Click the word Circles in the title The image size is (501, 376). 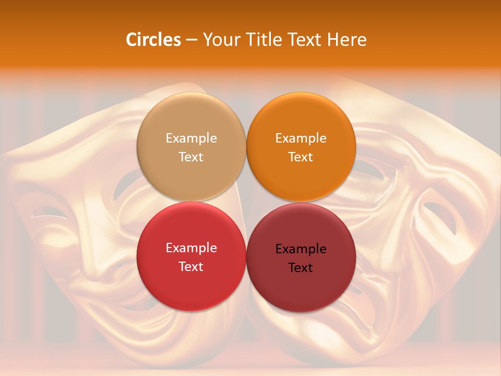[x=153, y=40]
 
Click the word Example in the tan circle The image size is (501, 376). [x=191, y=138]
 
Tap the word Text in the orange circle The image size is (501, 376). [x=301, y=157]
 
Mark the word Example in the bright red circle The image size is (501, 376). [x=191, y=248]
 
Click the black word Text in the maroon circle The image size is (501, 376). [x=301, y=268]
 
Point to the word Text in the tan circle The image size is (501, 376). [x=191, y=157]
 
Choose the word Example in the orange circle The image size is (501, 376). [x=301, y=138]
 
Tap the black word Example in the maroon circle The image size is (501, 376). [x=301, y=249]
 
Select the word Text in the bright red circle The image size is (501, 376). [x=191, y=267]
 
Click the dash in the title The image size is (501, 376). [x=192, y=40]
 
